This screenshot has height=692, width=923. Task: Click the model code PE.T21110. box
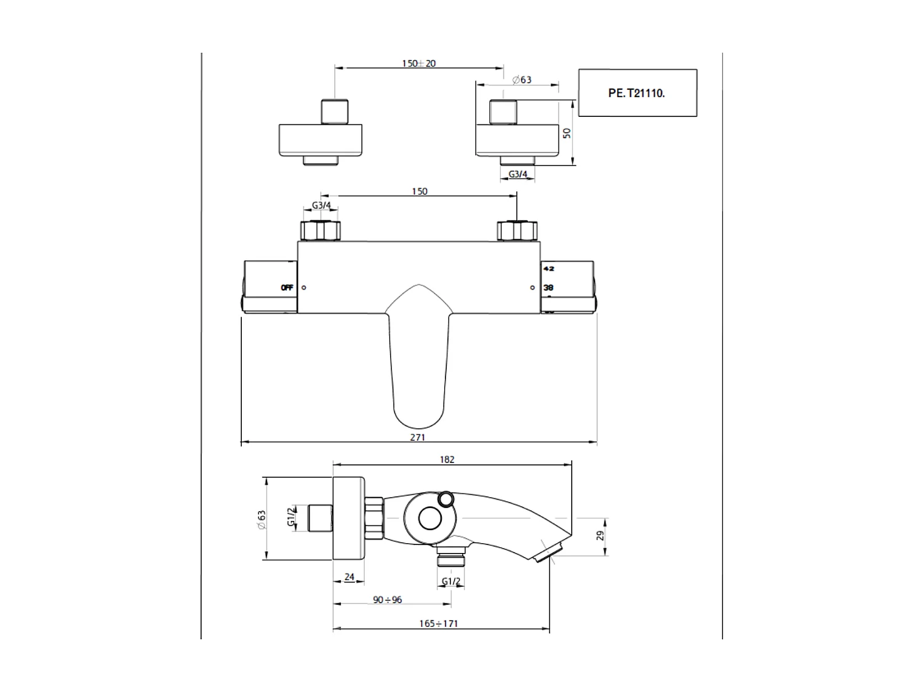(637, 93)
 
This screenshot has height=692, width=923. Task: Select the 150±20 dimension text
(418, 63)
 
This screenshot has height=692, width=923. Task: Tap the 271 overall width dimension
(417, 437)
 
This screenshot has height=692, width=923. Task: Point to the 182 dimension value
(447, 459)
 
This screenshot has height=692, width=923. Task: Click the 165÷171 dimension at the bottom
(439, 624)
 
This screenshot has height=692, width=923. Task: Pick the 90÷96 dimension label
(388, 600)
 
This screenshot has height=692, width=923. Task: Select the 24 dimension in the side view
(350, 577)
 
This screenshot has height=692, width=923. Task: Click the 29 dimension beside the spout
(601, 536)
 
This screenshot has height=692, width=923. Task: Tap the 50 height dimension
(567, 132)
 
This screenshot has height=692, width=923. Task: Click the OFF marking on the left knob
(287, 287)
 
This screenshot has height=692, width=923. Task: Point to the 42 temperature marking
(549, 269)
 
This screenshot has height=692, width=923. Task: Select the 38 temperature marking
(549, 287)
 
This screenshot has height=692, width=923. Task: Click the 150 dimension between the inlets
(420, 191)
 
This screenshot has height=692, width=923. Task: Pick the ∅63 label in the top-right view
(522, 80)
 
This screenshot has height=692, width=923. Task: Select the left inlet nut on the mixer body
(320, 231)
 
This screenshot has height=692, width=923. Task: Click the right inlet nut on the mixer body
(517, 231)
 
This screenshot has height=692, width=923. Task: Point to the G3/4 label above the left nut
(321, 205)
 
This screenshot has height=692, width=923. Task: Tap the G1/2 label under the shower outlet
(451, 581)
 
